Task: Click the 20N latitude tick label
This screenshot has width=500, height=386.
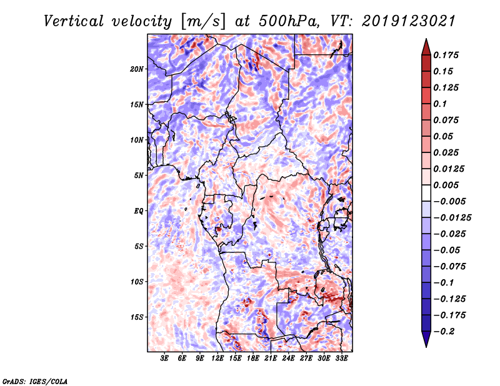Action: tap(137, 69)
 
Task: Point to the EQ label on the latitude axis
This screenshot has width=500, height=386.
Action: tap(139, 211)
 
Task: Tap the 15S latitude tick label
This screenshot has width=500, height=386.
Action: tap(137, 317)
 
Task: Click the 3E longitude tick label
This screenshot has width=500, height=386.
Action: tap(164, 359)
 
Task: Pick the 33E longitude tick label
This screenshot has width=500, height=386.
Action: tap(342, 359)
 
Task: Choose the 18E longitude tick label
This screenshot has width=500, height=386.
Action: tap(253, 359)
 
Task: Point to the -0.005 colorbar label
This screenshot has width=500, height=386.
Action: tap(451, 201)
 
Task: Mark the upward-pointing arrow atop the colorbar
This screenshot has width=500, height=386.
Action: tap(426, 45)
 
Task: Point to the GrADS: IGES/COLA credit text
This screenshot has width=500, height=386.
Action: tap(34, 380)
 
